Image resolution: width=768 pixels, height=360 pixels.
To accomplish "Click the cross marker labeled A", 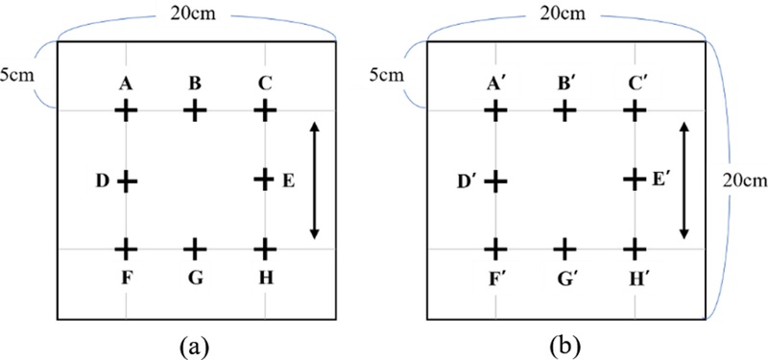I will pyautogui.click(x=127, y=111).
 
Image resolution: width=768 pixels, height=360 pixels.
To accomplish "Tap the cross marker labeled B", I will pyautogui.click(x=195, y=111).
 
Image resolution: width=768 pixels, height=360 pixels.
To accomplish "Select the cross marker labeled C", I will pyautogui.click(x=265, y=111).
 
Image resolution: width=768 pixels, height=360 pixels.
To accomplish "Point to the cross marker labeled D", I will pyautogui.click(x=127, y=180).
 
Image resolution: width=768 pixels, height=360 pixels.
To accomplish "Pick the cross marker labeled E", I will pyautogui.click(x=265, y=180).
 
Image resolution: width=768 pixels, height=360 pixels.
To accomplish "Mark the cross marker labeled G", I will pyautogui.click(x=195, y=250).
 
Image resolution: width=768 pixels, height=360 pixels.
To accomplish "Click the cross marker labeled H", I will pyautogui.click(x=265, y=250).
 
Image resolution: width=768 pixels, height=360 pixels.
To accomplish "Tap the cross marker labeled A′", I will pyautogui.click(x=495, y=111).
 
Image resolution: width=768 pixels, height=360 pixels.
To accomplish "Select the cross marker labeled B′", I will pyautogui.click(x=564, y=111).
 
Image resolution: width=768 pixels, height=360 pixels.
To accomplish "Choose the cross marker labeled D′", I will pyautogui.click(x=495, y=180).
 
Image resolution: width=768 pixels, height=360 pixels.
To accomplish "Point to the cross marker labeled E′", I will pyautogui.click(x=634, y=180).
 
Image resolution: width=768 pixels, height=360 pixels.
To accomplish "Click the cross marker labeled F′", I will pyautogui.click(x=495, y=250).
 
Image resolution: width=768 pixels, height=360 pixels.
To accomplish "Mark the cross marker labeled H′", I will pyautogui.click(x=634, y=250).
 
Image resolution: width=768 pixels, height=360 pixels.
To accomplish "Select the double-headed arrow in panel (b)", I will pyautogui.click(x=684, y=180).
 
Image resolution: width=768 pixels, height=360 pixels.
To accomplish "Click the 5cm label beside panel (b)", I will pyautogui.click(x=390, y=72).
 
